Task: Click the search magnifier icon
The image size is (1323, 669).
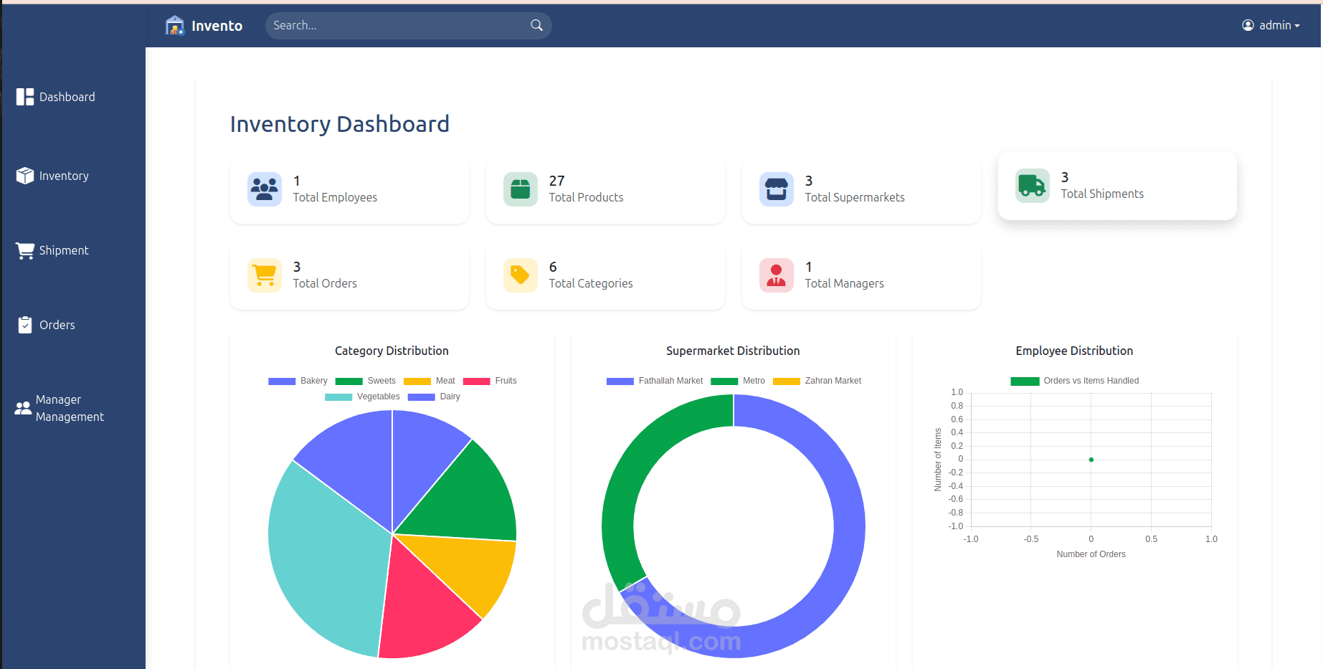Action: (536, 25)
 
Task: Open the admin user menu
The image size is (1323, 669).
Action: (1271, 25)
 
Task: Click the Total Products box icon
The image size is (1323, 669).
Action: (520, 189)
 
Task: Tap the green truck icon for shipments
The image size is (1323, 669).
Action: (1032, 186)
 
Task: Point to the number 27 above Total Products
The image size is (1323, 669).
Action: (556, 181)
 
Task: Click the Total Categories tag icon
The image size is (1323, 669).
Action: (520, 275)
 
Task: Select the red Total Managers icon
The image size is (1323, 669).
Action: (776, 275)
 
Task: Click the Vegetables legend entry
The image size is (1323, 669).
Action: (363, 397)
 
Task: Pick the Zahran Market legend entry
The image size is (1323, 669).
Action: (817, 381)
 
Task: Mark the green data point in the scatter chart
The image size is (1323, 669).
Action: (1091, 460)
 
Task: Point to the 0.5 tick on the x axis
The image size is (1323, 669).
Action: (1151, 539)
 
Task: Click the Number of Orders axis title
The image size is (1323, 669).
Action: (1091, 554)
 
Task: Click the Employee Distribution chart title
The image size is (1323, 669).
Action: (1074, 351)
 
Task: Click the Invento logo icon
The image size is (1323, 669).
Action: (175, 26)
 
